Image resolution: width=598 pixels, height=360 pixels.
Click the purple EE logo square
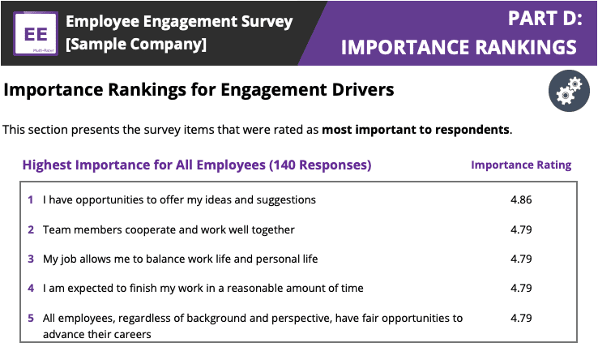click(x=36, y=33)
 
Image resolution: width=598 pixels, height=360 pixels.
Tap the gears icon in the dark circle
click(x=569, y=91)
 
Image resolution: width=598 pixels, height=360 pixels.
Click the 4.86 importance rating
click(x=521, y=199)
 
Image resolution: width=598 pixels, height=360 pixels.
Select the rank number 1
click(x=31, y=199)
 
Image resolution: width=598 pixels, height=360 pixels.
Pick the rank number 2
click(x=31, y=229)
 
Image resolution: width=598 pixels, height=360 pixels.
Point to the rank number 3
click(x=31, y=259)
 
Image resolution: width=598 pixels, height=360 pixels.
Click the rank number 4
click(x=31, y=288)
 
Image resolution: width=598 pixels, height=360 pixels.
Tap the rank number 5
click(x=31, y=318)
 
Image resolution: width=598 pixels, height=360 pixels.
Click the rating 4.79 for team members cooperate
click(x=521, y=229)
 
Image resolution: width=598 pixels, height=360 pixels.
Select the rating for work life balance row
click(x=521, y=259)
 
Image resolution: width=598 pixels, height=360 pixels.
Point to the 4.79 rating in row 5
click(x=521, y=318)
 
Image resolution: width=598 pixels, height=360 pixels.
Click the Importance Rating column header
click(x=521, y=165)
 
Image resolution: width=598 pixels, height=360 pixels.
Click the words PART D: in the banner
click(x=545, y=18)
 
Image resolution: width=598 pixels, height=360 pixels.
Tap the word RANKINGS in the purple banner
click(x=526, y=47)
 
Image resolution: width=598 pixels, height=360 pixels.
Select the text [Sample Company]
click(x=136, y=44)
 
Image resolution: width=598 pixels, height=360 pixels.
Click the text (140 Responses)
click(x=320, y=165)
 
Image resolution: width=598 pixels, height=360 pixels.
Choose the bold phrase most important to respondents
click(x=416, y=130)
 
